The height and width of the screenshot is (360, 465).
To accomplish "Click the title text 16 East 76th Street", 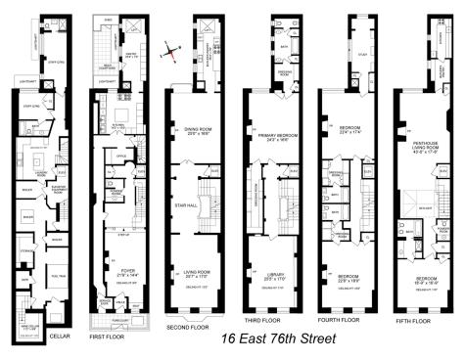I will click(277, 338).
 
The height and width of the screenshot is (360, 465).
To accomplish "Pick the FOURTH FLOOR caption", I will click(343, 319).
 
